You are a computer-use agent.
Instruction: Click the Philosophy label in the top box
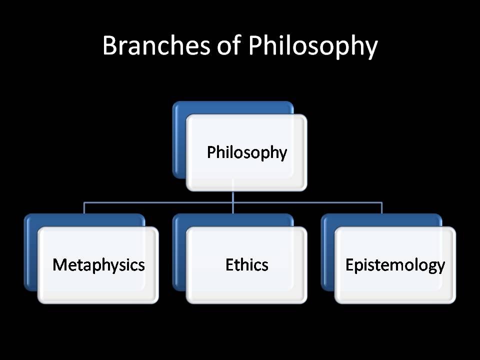tap(247, 152)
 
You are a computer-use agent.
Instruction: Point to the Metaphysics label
tap(98, 264)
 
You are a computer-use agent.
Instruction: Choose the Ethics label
tap(247, 264)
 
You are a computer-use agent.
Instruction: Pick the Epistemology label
tap(395, 264)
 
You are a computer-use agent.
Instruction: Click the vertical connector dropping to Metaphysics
tap(84, 208)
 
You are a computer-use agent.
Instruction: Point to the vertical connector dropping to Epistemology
tap(381, 208)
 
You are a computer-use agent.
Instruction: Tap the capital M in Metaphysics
tap(59, 264)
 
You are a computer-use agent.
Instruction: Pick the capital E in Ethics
tap(229, 264)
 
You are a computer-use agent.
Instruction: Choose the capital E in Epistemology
tap(349, 264)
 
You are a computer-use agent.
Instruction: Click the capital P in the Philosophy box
tap(211, 152)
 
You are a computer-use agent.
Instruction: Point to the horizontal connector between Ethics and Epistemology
tap(307, 203)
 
